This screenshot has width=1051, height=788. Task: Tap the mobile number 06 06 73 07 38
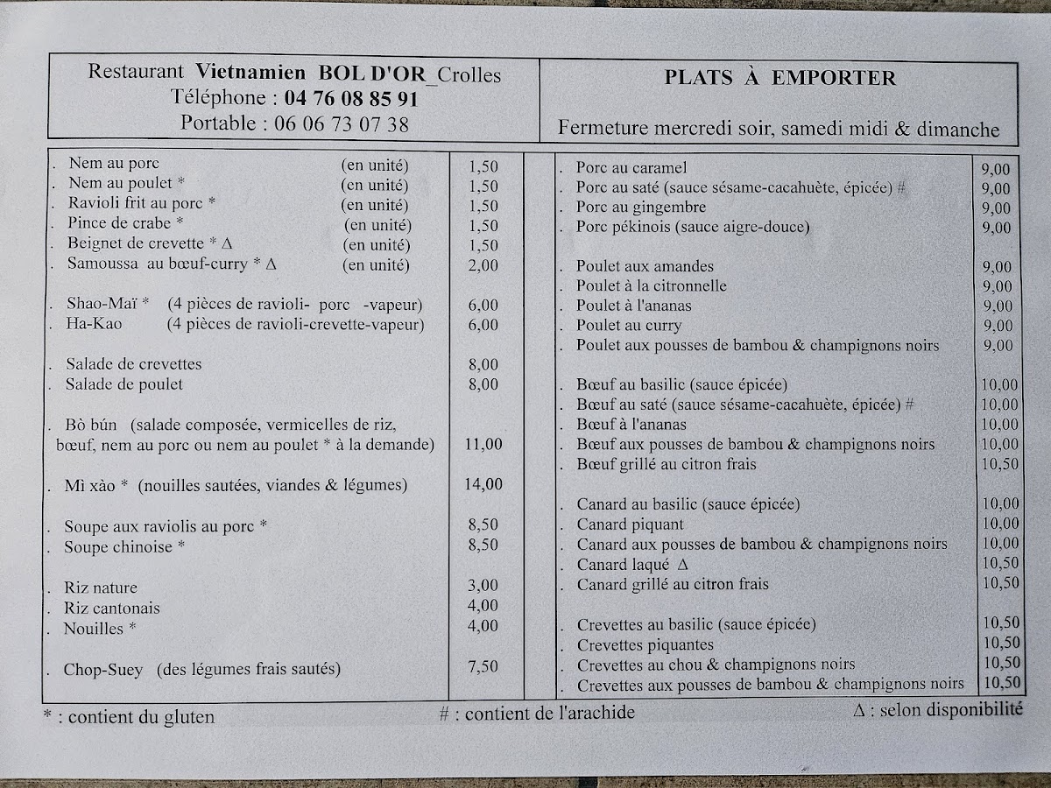point(342,123)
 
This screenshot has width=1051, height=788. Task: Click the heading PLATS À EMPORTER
point(779,78)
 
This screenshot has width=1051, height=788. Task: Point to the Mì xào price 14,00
point(483,484)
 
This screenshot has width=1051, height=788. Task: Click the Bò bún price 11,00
point(483,444)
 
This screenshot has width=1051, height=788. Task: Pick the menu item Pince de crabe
point(124,223)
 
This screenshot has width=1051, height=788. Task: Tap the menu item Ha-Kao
point(94,325)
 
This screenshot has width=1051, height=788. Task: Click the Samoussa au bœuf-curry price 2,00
point(483,265)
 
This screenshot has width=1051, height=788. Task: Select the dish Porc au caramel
point(631,168)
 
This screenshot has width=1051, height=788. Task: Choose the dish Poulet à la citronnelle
point(651,286)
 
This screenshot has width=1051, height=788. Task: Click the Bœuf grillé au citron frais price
point(999,464)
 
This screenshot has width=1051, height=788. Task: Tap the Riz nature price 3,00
point(483,586)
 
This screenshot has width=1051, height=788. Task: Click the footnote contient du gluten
point(140,717)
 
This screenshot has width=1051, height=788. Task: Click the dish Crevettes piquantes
point(645,645)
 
